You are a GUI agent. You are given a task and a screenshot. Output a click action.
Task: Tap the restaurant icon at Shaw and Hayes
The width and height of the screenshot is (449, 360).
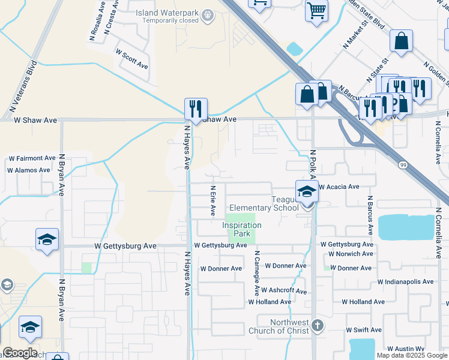coord(196,109)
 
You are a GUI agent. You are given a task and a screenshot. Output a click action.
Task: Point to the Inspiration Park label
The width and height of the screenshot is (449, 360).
coord(242,229)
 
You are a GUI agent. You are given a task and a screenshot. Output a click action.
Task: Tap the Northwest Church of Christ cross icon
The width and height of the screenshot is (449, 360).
coord(318,326)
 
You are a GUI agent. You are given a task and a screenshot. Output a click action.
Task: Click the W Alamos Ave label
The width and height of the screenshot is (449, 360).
coord(29,170)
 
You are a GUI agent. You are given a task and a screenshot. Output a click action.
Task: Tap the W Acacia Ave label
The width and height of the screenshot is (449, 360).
coord(339,187)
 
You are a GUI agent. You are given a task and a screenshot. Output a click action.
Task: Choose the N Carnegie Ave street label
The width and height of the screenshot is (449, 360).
coord(256,274)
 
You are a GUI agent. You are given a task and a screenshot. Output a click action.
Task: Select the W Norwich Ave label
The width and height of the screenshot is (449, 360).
coord(351,254)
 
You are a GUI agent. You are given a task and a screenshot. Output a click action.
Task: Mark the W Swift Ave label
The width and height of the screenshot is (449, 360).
coord(364,330)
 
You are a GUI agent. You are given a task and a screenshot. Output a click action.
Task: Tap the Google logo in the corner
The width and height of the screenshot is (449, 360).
coord(20,353)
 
